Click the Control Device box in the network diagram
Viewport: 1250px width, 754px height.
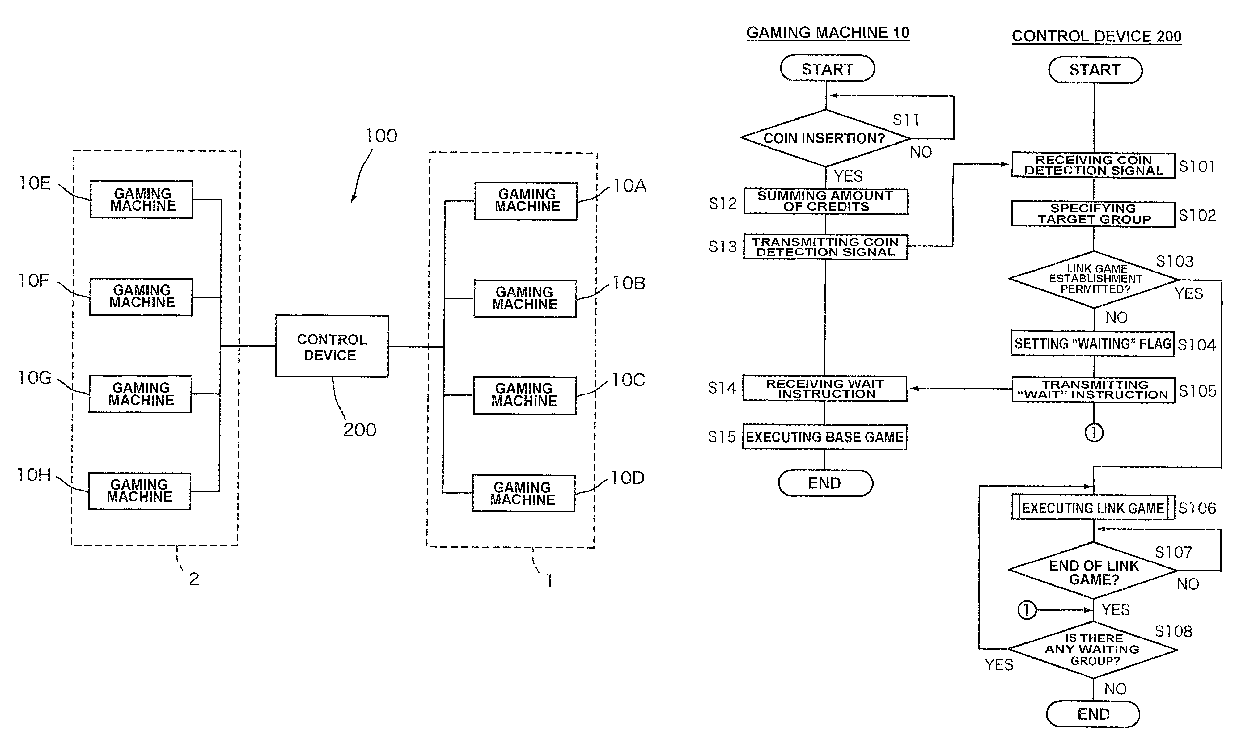click(332, 346)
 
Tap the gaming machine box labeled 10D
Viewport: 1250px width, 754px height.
click(523, 493)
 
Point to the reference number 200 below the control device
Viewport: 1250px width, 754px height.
click(360, 430)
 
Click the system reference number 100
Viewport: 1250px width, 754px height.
click(381, 136)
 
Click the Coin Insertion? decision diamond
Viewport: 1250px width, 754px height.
click(825, 138)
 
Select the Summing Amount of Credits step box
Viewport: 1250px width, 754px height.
click(825, 201)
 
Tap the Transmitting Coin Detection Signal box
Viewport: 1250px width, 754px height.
click(825, 247)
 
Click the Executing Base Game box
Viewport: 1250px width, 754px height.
click(824, 437)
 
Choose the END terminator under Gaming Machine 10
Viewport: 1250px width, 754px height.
click(825, 483)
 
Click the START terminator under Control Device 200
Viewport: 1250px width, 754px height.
click(1095, 70)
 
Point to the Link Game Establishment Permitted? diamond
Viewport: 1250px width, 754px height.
click(1094, 279)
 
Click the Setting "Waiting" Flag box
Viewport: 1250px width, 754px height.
click(1092, 344)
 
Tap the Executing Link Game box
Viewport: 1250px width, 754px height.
click(1093, 508)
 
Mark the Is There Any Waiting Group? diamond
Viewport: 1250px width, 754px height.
click(1093, 650)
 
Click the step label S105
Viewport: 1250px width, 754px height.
click(1197, 391)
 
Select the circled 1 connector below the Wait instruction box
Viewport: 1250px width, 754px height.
click(1094, 432)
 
